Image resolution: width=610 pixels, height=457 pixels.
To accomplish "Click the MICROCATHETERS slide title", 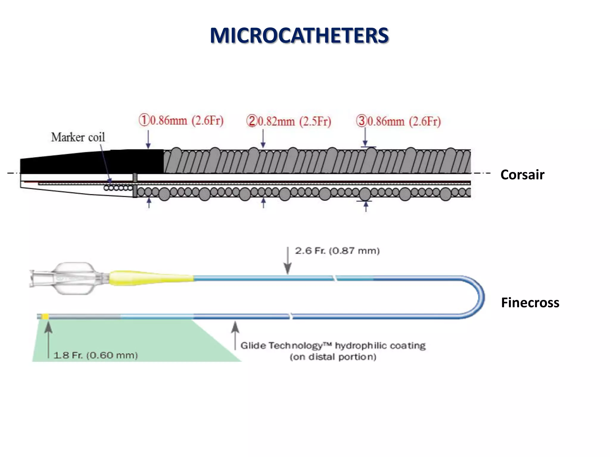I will click(299, 35).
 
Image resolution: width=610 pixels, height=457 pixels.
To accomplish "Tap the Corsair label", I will click(522, 175).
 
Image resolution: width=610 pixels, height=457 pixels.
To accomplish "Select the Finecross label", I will click(530, 303).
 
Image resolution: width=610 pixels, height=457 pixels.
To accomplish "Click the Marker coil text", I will click(78, 137).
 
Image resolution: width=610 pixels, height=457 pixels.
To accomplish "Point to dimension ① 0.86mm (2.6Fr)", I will click(181, 120).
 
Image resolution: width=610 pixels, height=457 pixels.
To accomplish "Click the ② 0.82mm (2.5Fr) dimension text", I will click(289, 121).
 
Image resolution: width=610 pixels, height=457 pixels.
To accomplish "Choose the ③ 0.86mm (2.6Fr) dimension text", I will click(399, 121).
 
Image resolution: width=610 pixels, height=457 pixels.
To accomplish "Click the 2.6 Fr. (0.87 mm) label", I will click(337, 251).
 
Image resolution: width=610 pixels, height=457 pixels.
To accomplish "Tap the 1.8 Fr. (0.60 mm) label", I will click(95, 355).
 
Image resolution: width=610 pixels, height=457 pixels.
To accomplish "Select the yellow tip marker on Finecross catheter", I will click(45, 316).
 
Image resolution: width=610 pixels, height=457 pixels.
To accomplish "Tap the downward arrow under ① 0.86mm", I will click(148, 140).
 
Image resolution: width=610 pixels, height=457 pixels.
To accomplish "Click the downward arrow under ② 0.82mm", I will click(263, 139).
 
